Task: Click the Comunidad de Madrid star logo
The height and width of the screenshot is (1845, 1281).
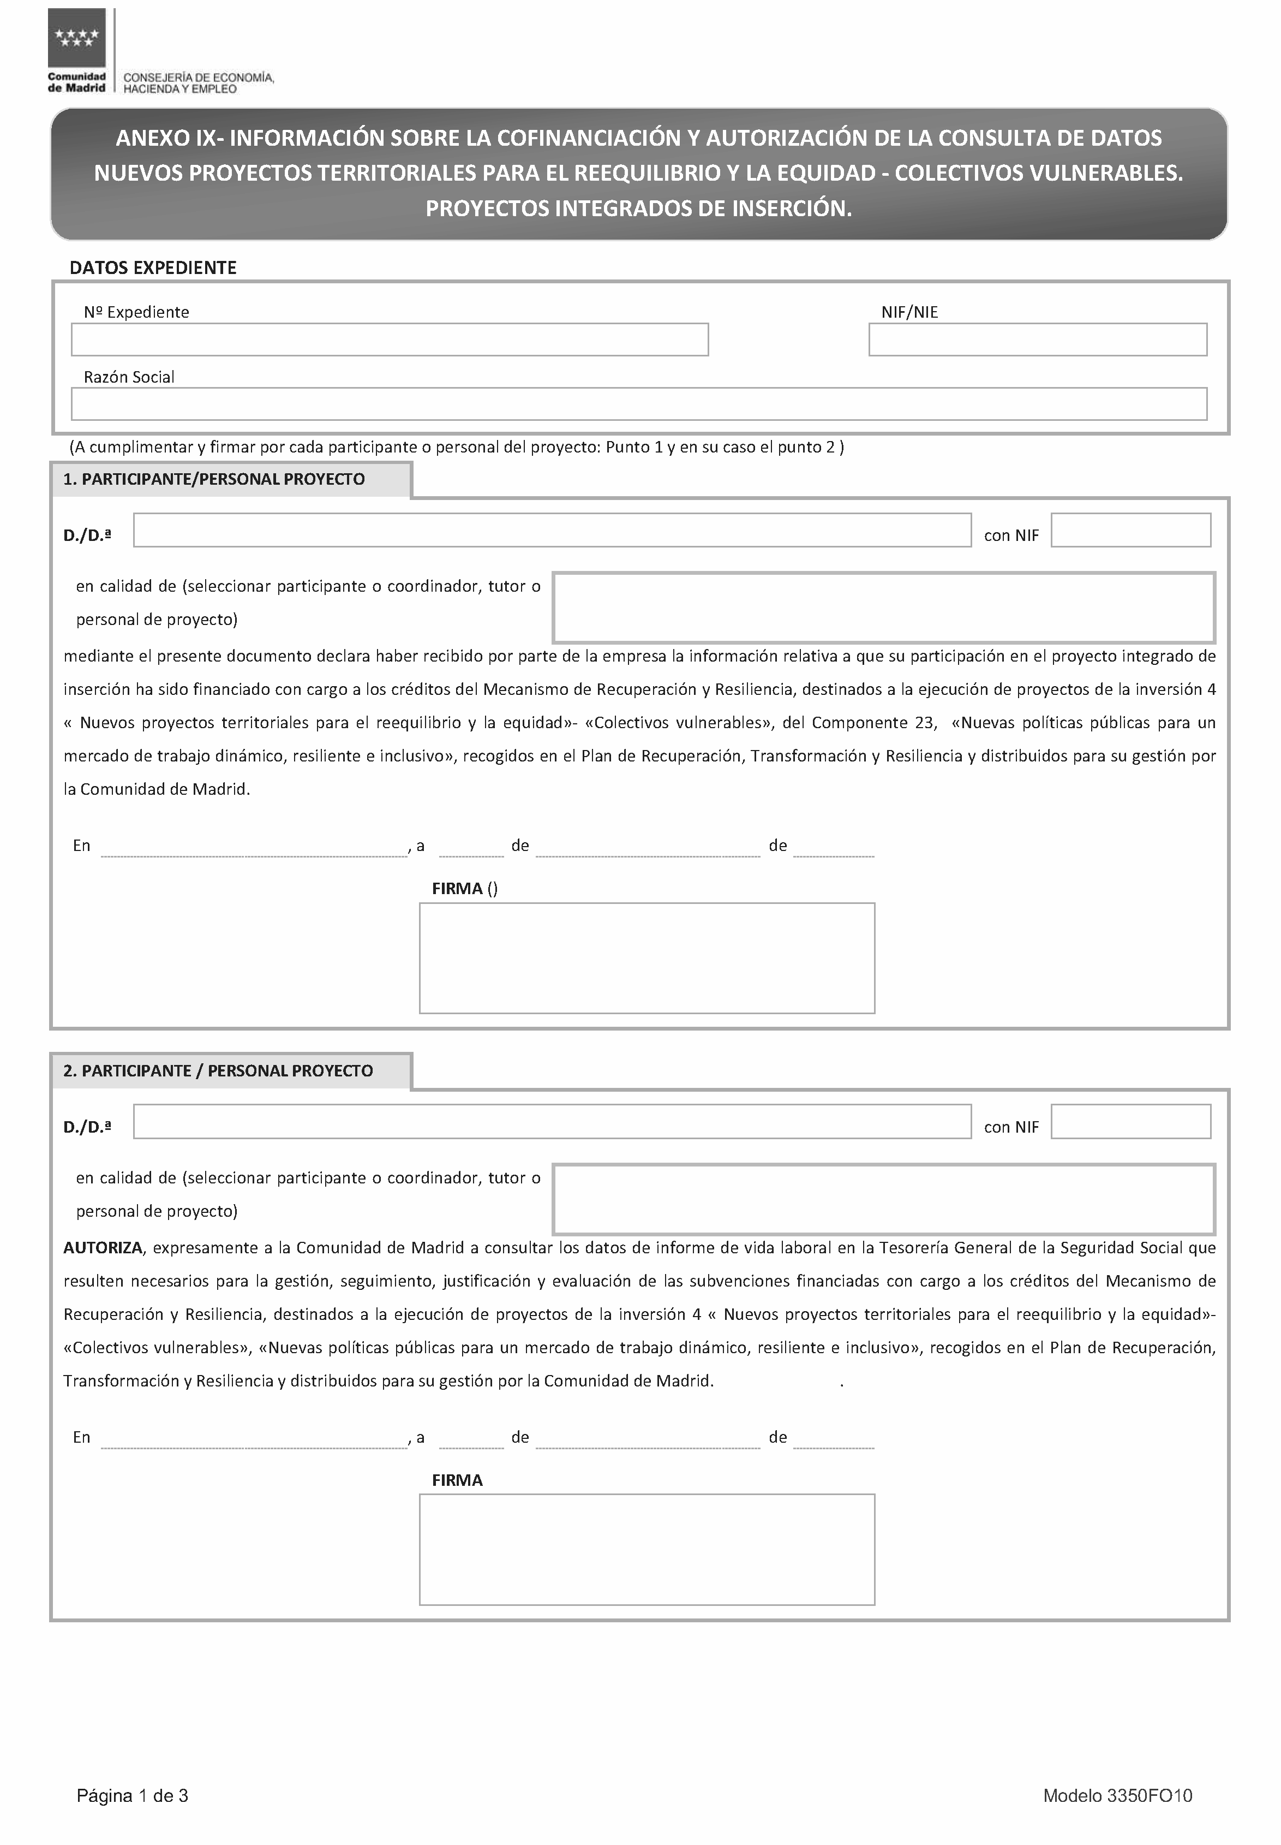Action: [x=77, y=38]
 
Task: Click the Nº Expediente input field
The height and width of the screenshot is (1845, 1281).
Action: [x=390, y=340]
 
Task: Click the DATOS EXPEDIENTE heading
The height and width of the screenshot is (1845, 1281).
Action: [x=153, y=268]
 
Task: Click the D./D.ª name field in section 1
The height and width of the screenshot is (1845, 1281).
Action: [x=552, y=531]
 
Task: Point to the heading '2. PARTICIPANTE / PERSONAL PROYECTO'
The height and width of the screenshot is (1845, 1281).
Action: [x=218, y=1071]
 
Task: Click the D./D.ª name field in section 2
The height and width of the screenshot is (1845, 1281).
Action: [x=552, y=1122]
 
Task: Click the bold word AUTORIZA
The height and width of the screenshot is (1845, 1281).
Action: [x=103, y=1248]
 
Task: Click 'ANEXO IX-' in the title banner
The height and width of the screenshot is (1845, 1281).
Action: [x=169, y=138]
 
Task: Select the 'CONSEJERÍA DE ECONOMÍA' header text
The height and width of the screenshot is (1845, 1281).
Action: [x=198, y=78]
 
